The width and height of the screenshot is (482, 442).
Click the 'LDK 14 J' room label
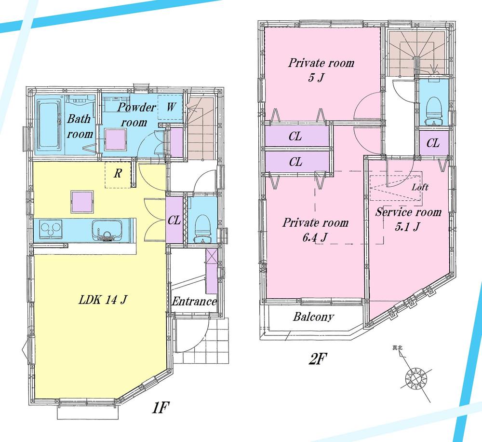[103, 300]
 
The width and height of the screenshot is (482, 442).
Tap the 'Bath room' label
[80, 126]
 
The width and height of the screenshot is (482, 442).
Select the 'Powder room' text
[137, 114]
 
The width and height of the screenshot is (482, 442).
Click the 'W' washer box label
[171, 107]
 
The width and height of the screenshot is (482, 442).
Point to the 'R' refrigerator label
[117, 174]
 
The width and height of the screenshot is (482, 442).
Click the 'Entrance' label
[194, 302]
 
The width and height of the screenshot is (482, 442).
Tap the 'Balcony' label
[313, 317]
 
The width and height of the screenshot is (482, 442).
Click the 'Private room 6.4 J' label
[315, 230]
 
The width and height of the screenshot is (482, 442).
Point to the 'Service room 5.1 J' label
[408, 219]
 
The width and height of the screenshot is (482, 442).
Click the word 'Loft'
[420, 188]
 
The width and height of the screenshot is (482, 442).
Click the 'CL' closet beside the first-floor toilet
[174, 220]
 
